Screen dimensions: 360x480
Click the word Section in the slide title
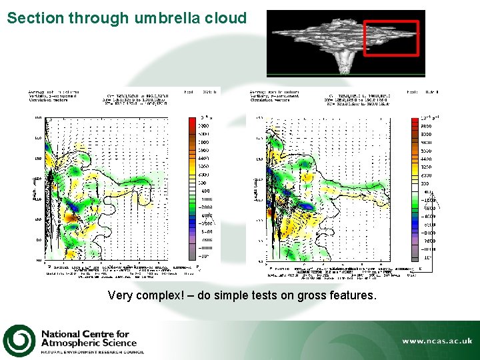[x=34, y=18]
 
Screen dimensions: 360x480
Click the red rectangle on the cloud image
[x=391, y=38]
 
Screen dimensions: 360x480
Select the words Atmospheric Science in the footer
[x=97, y=343]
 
